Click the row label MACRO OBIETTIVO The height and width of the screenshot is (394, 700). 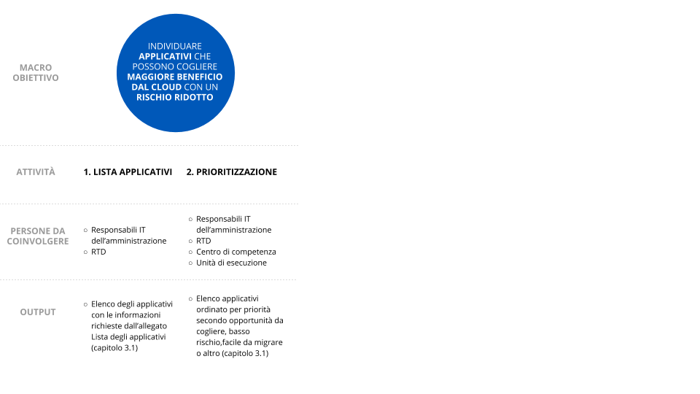pos(36,72)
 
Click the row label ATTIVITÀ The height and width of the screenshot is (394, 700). pos(36,172)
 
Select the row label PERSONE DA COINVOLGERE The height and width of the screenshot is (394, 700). pos(38,236)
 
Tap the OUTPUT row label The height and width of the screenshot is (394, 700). pos(38,312)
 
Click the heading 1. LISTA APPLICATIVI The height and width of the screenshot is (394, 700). pos(128,172)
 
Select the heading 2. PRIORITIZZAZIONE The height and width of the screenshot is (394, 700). pos(232,172)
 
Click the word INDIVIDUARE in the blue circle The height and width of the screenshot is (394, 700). pos(175,46)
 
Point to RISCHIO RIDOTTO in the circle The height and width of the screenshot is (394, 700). pos(175,97)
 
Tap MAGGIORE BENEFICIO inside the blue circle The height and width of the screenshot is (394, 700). pos(175,77)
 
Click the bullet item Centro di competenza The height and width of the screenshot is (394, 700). pos(236,252)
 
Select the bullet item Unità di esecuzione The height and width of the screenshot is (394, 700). pos(231,263)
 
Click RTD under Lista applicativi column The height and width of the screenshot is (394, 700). pos(98,252)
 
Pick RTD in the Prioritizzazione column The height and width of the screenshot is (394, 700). pos(203,241)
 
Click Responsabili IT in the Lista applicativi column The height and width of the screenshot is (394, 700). pos(118,230)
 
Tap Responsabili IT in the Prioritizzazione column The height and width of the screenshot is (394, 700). pos(223,219)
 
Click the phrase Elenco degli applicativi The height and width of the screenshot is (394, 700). pos(132,304)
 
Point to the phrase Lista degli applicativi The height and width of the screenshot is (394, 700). pos(128,337)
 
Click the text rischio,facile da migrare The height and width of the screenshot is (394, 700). pos(239,342)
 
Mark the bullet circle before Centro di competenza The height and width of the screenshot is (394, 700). pos(190,252)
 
